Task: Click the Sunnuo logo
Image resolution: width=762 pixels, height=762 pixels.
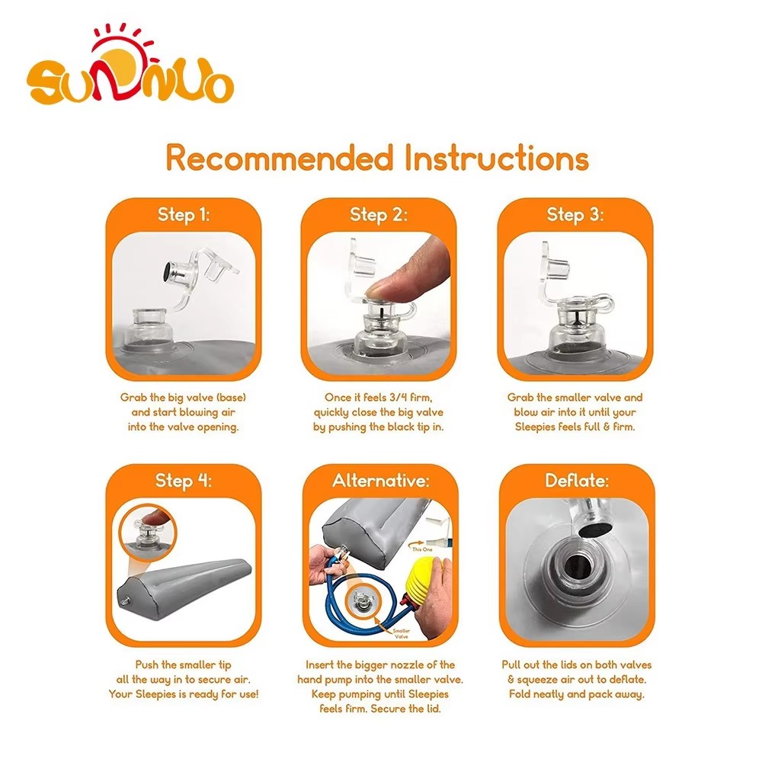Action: tap(130, 72)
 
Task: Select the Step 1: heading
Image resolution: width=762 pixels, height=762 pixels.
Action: tap(184, 215)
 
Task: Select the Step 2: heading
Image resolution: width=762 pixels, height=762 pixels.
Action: tap(379, 215)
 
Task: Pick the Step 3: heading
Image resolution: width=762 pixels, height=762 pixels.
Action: tap(575, 215)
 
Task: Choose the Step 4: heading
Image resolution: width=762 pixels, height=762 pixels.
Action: tap(184, 481)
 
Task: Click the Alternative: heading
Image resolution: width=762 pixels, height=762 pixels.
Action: tap(379, 481)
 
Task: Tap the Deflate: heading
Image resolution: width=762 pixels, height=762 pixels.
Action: tap(575, 481)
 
